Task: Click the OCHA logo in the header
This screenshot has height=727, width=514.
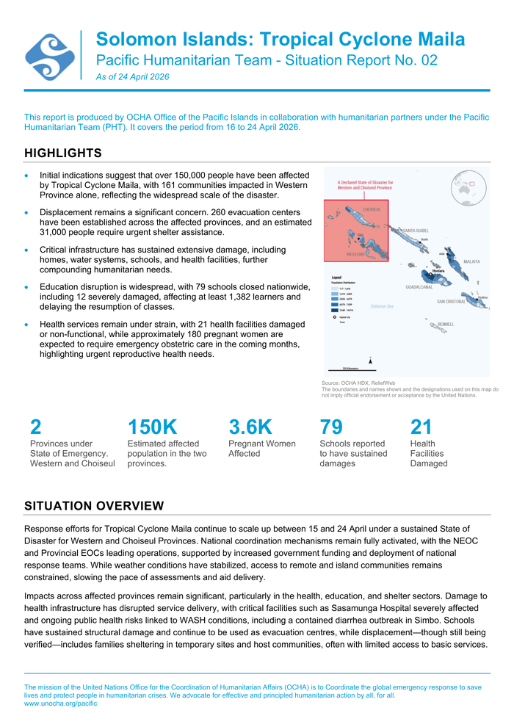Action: tap(50, 56)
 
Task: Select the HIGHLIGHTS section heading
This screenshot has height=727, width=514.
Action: tap(62, 153)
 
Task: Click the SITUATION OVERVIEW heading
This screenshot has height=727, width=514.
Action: tap(94, 506)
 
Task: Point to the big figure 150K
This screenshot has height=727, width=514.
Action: tap(152, 427)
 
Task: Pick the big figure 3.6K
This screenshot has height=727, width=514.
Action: tap(250, 427)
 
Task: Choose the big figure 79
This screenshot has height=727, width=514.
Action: tap(331, 427)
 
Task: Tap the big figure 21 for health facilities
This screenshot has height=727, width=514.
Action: tap(421, 427)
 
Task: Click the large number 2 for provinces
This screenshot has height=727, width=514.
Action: tap(35, 427)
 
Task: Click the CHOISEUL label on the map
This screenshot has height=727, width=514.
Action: tap(371, 209)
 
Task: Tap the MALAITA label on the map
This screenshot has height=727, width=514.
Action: tap(471, 261)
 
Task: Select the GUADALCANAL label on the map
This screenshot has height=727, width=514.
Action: tap(419, 286)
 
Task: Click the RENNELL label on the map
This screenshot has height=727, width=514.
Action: tap(446, 324)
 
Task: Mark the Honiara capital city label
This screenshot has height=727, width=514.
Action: tap(438, 271)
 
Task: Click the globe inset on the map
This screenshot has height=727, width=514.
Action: tap(469, 187)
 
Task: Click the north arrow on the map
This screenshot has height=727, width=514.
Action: tap(371, 361)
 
